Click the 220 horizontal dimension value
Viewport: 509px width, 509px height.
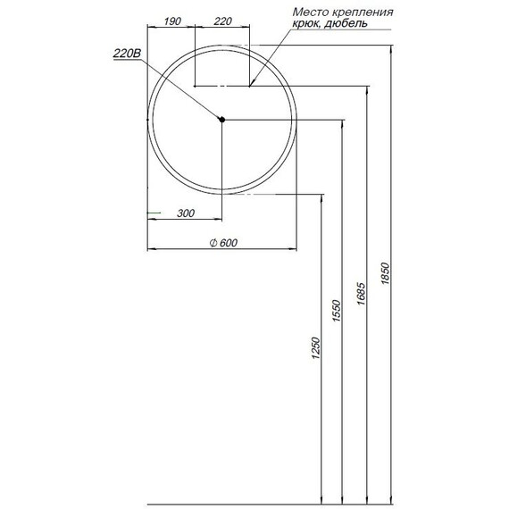[223, 21]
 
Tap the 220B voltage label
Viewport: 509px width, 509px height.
[127, 54]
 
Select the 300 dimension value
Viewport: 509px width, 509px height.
[186, 213]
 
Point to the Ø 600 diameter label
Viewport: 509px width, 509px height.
[222, 243]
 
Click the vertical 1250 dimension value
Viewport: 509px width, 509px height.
[314, 349]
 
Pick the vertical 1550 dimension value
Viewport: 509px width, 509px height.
[337, 309]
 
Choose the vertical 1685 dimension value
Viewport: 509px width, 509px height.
[361, 295]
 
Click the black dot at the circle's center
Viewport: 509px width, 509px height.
[222, 119]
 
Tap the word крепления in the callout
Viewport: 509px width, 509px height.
[364, 13]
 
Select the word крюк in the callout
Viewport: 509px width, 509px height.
[308, 25]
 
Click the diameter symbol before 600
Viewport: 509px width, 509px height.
[211, 243]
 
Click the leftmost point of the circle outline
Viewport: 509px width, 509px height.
[147, 119]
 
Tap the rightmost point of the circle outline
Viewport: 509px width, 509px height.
[297, 119]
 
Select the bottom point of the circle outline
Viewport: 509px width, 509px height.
[222, 194]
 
